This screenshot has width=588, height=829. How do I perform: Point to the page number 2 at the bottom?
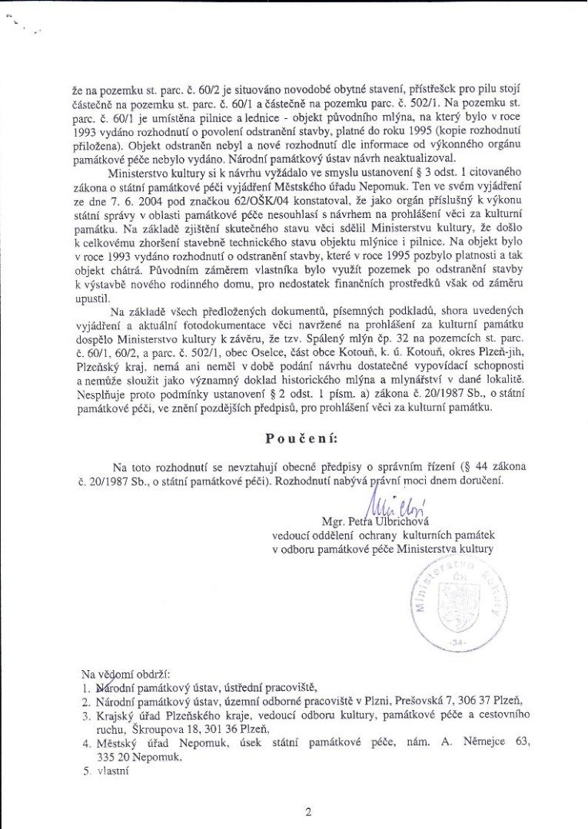click(307, 811)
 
